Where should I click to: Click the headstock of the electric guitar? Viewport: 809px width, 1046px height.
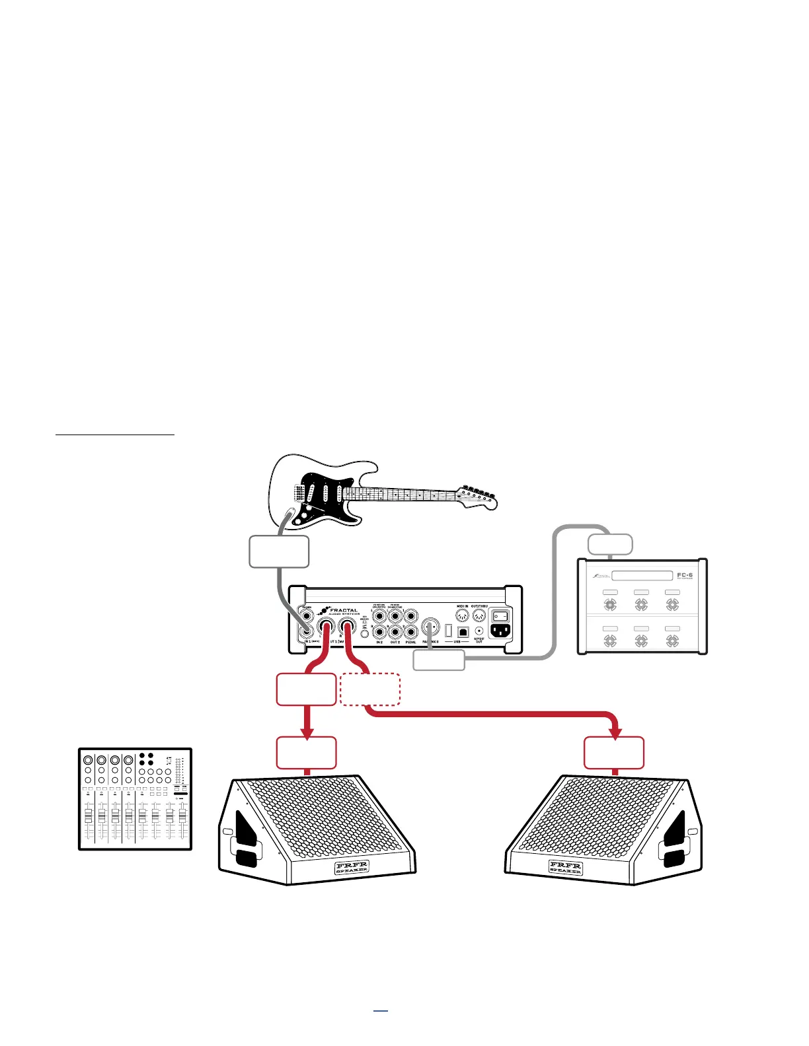[x=477, y=497]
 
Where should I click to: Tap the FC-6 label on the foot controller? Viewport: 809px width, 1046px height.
[x=684, y=576]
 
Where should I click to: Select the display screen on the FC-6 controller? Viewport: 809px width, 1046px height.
[x=642, y=576]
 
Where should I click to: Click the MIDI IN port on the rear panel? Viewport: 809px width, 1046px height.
[x=462, y=615]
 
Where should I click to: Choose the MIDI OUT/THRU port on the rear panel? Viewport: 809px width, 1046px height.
[x=480, y=615]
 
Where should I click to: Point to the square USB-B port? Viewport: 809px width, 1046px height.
[x=463, y=632]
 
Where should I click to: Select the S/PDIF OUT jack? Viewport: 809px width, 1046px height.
[x=479, y=632]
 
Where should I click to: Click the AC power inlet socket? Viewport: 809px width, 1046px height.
[x=500, y=632]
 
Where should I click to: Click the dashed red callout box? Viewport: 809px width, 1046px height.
[x=369, y=689]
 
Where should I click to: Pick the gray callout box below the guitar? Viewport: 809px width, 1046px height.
[x=279, y=552]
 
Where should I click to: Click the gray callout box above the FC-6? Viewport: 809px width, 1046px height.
[x=610, y=545]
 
